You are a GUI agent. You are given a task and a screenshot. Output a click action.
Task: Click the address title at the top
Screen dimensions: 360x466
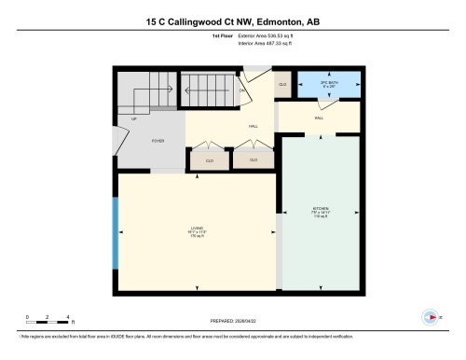(x=232, y=20)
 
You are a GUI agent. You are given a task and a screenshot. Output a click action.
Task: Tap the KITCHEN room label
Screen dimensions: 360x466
(x=321, y=210)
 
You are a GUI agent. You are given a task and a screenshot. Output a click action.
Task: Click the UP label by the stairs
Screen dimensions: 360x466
(x=134, y=119)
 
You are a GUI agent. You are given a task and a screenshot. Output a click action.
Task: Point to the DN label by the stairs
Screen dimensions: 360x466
(x=242, y=90)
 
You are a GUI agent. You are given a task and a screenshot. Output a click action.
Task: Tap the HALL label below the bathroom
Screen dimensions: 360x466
(x=319, y=118)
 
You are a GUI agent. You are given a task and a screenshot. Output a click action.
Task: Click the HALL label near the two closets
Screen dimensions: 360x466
(x=253, y=126)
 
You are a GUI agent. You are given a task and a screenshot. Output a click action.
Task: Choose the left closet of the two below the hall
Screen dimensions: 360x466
(x=208, y=160)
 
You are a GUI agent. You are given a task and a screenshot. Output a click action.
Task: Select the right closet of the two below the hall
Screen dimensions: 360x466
(x=253, y=160)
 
